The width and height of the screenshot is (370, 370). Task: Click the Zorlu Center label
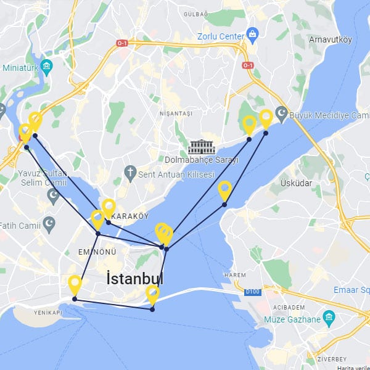221,36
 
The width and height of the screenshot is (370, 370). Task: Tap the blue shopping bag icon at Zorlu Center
252,33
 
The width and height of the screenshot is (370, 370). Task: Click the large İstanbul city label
134,278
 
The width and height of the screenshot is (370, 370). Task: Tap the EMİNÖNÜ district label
97,252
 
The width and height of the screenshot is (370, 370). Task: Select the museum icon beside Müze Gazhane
329,319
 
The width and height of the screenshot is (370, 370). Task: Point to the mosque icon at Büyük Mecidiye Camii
281,115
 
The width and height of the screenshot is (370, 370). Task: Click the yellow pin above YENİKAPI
75,285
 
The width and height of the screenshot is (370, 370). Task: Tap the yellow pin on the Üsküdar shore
225,190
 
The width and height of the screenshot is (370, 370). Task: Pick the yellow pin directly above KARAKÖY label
109,208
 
